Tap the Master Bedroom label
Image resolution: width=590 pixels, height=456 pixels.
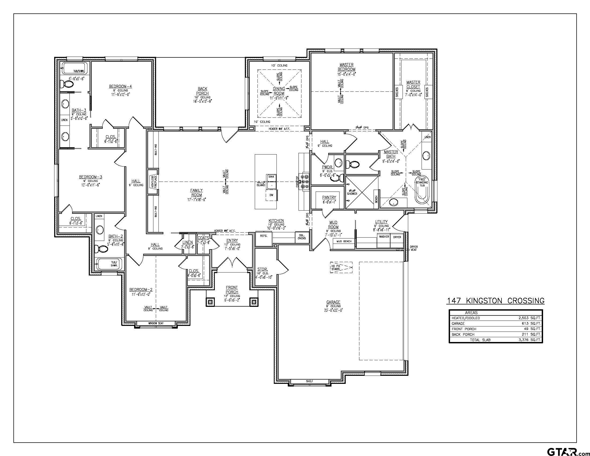click(x=346, y=67)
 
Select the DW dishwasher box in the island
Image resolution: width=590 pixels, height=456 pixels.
click(x=271, y=195)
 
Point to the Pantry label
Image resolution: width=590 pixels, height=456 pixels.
click(x=329, y=197)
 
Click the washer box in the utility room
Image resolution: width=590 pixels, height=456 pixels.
click(x=384, y=240)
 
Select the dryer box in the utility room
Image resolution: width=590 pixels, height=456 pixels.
click(x=397, y=240)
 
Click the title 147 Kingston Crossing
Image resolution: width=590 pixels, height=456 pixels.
click(x=495, y=301)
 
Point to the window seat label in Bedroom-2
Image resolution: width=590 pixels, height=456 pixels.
click(x=156, y=323)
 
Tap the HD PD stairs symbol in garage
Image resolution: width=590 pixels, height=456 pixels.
click(x=341, y=267)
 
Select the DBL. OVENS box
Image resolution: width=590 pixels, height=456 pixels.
click(x=302, y=237)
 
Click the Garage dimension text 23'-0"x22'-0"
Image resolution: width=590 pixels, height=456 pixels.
click(x=333, y=310)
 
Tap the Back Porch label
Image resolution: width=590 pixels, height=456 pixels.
click(x=202, y=91)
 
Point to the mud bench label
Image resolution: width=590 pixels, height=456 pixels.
click(x=344, y=241)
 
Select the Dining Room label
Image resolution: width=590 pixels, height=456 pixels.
click(x=279, y=91)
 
